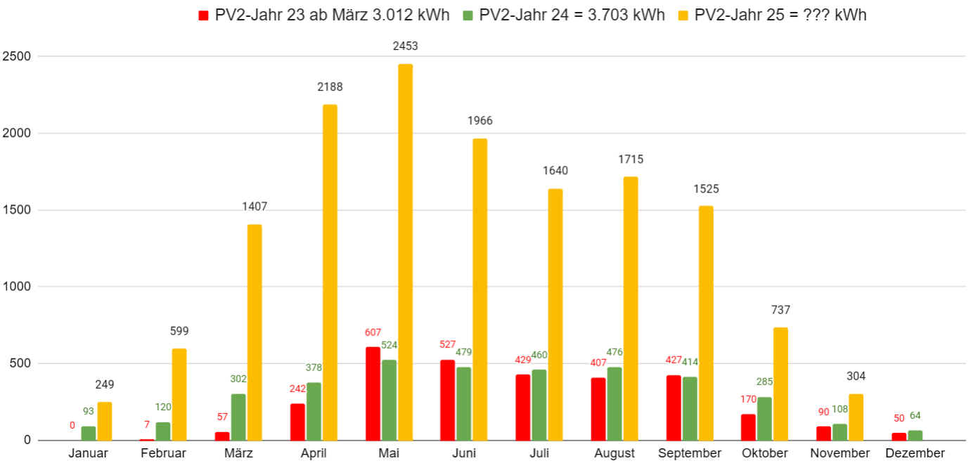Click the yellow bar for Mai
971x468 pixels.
[x=405, y=252]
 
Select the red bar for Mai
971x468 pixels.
[x=373, y=394]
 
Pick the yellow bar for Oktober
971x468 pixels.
[x=780, y=384]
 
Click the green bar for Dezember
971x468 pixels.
[x=915, y=435]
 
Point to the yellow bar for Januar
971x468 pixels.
[x=104, y=421]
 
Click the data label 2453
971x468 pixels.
[x=405, y=46]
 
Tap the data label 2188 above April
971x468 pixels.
[x=330, y=87]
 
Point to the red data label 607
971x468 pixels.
[x=373, y=332]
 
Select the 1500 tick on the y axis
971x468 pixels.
[x=17, y=210]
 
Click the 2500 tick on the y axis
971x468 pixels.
[x=17, y=56]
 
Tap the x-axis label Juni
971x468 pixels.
[x=463, y=453]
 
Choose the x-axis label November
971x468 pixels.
[x=840, y=453]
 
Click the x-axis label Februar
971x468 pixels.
[x=163, y=453]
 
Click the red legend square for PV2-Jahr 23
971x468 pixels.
[x=204, y=15]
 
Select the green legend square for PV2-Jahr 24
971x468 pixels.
[x=468, y=15]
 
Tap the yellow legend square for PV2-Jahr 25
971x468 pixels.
[x=683, y=15]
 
